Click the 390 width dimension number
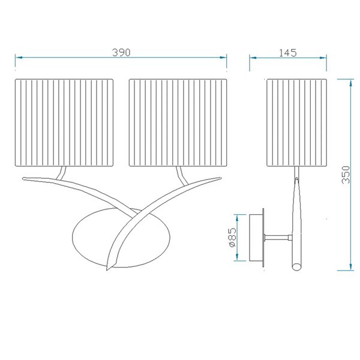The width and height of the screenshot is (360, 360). [x=121, y=52]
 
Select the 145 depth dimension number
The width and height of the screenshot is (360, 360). [x=288, y=52]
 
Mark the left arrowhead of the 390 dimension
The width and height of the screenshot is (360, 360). [x=18, y=58]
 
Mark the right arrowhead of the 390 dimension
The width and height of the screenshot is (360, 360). [x=225, y=58]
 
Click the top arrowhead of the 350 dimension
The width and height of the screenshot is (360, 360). [x=350, y=81]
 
